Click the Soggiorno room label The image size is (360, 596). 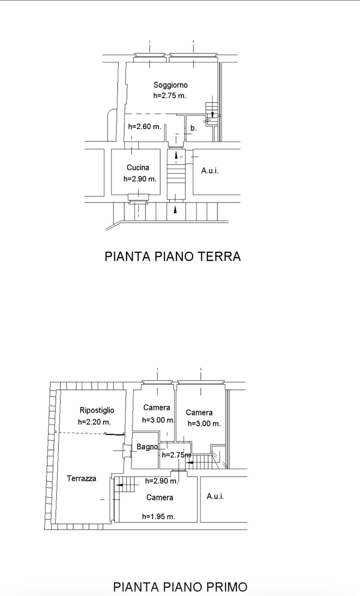point(171,85)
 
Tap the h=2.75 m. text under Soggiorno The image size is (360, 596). point(170,95)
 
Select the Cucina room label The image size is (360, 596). point(138,167)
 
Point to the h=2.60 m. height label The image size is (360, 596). point(145,126)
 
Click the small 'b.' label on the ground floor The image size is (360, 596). point(194,128)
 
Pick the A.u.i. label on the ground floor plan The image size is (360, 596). point(210,171)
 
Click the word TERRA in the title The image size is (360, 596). point(220,256)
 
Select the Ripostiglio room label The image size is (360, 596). point(97,410)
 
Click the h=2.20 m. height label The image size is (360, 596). point(95,422)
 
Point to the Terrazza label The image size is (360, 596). point(82,478)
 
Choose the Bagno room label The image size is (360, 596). point(147,447)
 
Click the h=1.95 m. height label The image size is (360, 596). point(159,516)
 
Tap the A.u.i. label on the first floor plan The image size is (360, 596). point(215,496)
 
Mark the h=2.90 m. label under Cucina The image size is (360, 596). point(140,179)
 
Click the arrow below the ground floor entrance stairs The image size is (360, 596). point(175,210)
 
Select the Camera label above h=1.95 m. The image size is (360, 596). point(160,497)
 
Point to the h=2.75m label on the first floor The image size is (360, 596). point(176,455)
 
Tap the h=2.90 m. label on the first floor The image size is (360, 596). point(162,481)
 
